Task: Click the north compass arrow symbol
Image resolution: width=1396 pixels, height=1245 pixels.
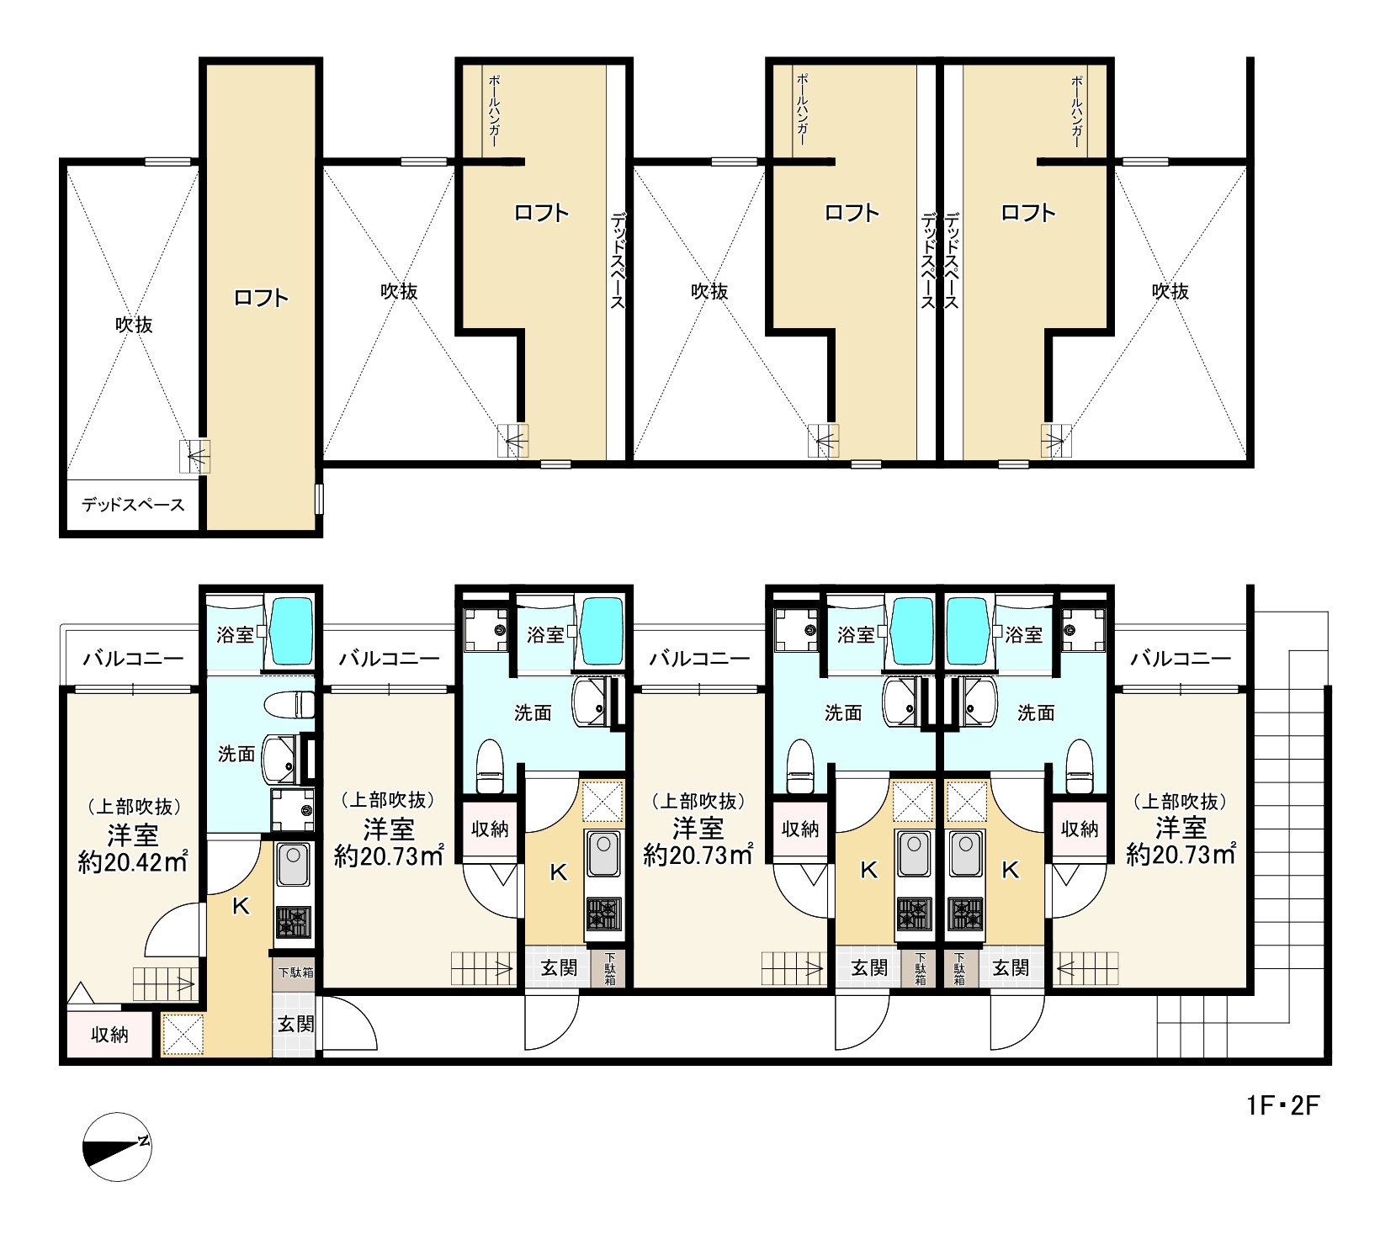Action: pos(117,1142)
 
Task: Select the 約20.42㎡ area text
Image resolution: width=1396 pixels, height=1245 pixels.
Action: pos(133,862)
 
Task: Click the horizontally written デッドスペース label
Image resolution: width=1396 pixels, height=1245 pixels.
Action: pos(133,506)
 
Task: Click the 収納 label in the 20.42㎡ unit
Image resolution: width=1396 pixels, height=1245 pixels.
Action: pos(109,1034)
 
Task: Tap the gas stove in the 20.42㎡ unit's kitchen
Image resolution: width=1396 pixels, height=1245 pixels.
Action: pos(293,922)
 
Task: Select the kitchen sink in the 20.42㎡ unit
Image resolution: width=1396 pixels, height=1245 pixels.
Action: pos(293,865)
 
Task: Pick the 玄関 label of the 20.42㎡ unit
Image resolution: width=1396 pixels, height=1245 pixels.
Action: pos(296,1024)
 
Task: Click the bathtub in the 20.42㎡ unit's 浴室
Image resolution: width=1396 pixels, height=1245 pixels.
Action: pos(290,632)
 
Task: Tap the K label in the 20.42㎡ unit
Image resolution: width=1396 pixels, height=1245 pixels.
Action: pos(241,906)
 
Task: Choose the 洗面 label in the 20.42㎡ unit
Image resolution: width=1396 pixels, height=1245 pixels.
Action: pos(236,755)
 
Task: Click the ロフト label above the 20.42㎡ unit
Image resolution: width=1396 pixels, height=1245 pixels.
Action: pos(261,298)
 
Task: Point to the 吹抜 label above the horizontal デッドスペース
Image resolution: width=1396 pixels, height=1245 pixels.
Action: pos(134,325)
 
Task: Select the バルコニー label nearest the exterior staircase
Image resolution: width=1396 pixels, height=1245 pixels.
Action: pos(1181,659)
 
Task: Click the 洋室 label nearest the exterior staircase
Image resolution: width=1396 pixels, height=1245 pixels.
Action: pos(1181,829)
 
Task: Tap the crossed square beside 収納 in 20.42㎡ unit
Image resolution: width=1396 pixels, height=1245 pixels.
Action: pos(183,1035)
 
